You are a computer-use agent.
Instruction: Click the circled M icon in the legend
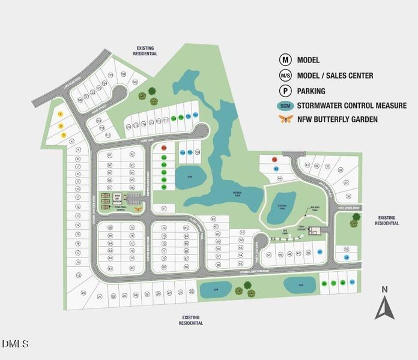point(285,60)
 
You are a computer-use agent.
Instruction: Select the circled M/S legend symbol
point(285,76)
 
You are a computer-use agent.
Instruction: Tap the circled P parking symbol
point(285,91)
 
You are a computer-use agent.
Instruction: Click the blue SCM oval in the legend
point(285,106)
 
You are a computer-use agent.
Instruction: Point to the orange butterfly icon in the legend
point(285,119)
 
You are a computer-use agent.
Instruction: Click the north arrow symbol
point(384,304)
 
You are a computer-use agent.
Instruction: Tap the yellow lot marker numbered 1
point(61,113)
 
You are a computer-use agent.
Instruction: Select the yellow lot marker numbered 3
point(62,135)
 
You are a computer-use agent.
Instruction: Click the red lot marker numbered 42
point(274,160)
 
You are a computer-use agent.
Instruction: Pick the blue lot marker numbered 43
point(276,169)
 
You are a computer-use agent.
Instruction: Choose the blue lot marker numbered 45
point(320,251)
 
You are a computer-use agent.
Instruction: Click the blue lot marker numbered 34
point(347,257)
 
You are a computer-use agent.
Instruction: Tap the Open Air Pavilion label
point(117,199)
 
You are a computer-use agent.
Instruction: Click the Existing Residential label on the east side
point(387,220)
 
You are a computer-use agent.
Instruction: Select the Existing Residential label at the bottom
point(190,320)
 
